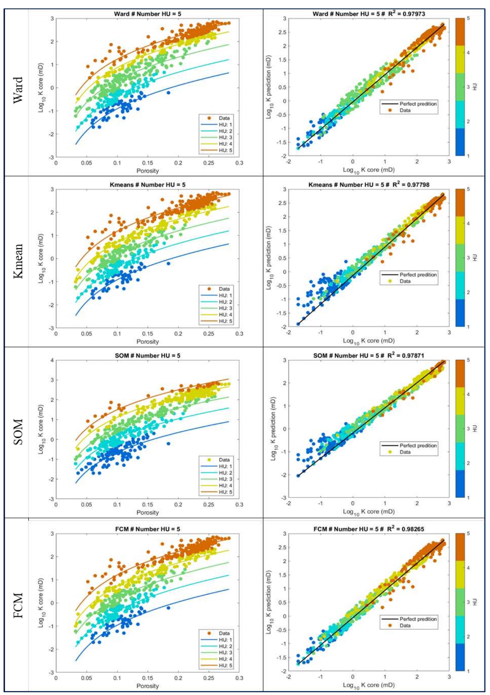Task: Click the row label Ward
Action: pyautogui.click(x=18, y=90)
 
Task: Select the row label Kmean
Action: pyautogui.click(x=18, y=261)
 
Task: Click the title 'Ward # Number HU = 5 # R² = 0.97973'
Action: pyautogui.click(x=368, y=14)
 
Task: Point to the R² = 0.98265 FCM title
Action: pyautogui.click(x=368, y=529)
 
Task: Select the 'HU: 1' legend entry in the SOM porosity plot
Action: pyautogui.click(x=225, y=466)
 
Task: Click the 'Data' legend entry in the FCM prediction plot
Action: pyautogui.click(x=405, y=626)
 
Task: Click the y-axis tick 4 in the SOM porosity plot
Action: pyautogui.click(x=52, y=360)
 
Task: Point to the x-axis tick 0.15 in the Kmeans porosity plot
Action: pyautogui.click(x=148, y=334)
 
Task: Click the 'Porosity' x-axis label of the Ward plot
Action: pyautogui.click(x=148, y=171)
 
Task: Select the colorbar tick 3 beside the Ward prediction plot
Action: pyautogui.click(x=468, y=87)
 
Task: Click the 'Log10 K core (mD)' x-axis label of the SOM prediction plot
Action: pyautogui.click(x=368, y=512)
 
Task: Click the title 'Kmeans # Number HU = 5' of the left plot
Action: pyautogui.click(x=148, y=185)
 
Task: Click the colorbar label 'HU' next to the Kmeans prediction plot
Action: pyautogui.click(x=475, y=258)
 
